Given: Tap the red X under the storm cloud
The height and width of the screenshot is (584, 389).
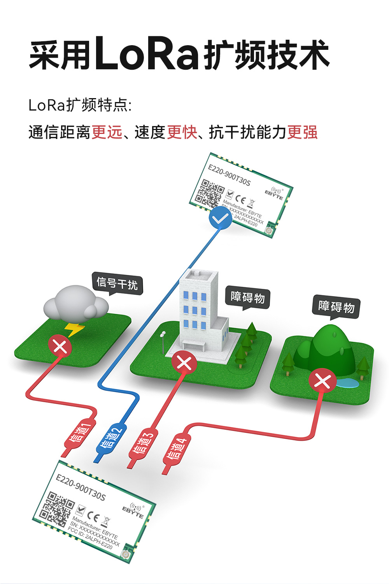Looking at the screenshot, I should [x=60, y=346].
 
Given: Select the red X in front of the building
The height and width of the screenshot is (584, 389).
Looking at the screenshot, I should [x=184, y=362].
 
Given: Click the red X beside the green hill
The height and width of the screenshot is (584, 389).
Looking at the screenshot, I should [x=322, y=380].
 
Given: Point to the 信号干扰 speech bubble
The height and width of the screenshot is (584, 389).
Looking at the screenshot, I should [x=117, y=283].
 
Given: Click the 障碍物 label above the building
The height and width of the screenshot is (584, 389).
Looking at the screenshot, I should [x=248, y=297].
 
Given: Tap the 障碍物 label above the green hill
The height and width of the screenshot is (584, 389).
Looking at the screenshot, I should [x=336, y=306].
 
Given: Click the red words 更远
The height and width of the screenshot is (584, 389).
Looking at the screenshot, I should [x=107, y=132].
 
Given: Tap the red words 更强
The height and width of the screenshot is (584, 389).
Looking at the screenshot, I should [x=302, y=132].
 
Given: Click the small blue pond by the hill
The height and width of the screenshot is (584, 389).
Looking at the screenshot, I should [x=347, y=383].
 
